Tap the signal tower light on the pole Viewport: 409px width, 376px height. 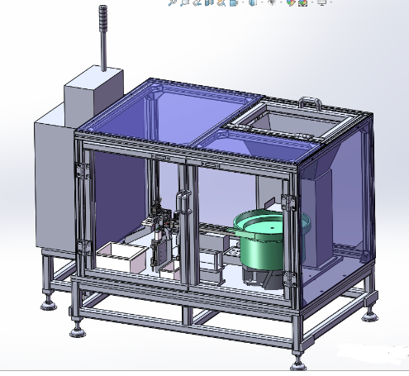pos(103,38)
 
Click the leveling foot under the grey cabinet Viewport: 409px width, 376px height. pos(49,303)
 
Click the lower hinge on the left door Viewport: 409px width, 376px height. pos(83,245)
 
